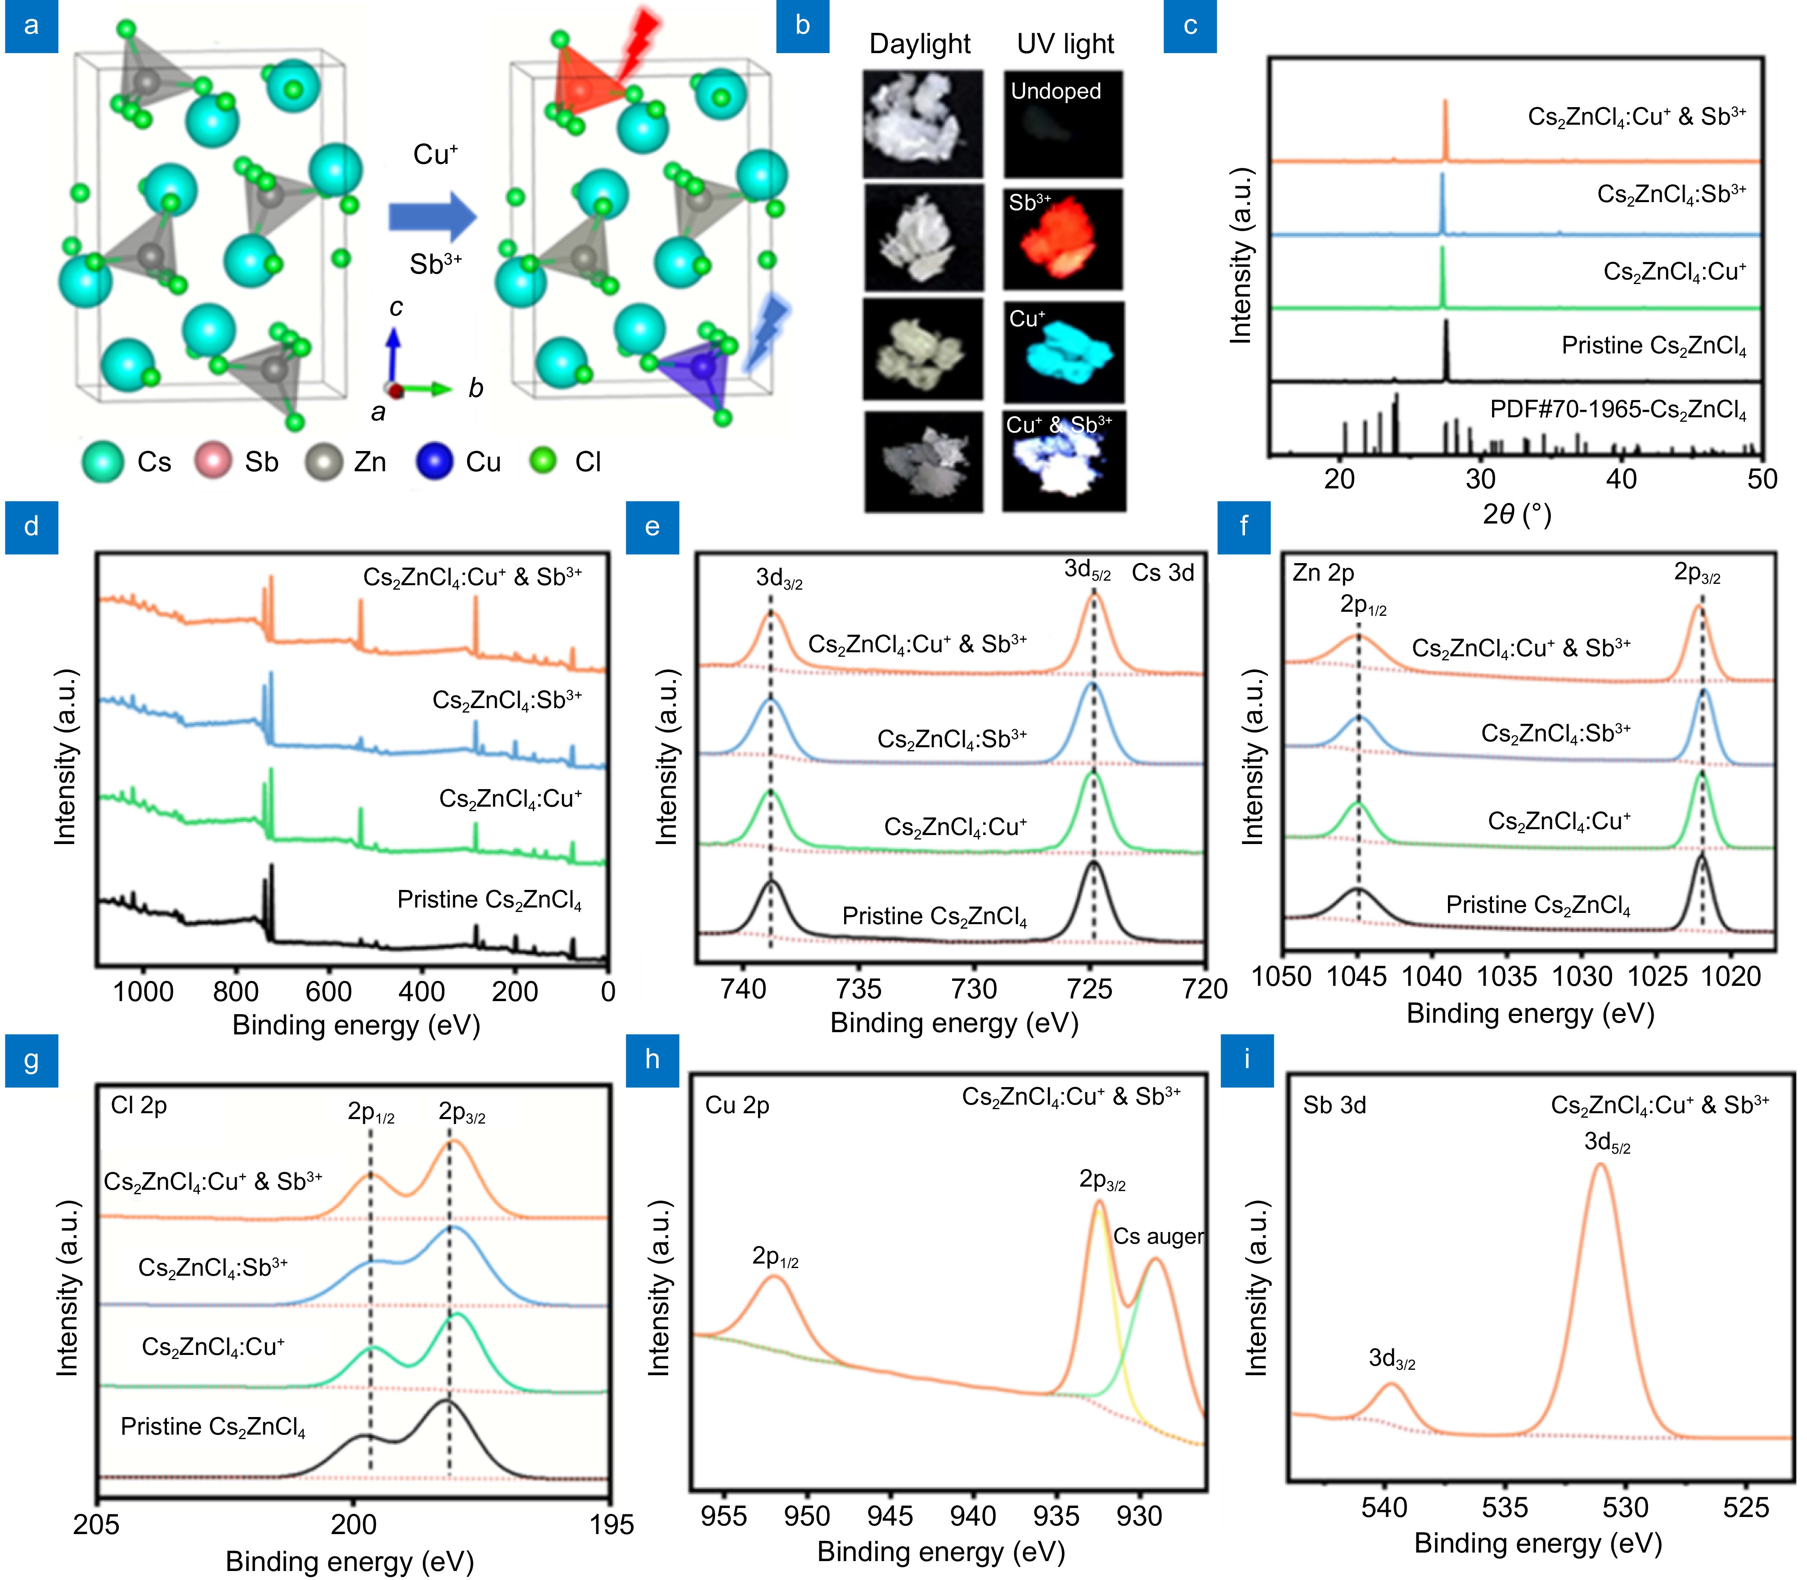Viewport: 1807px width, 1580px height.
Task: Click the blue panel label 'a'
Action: pyautogui.click(x=32, y=27)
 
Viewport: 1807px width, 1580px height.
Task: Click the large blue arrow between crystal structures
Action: pyautogui.click(x=432, y=216)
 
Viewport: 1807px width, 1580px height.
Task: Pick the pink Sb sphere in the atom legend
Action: pyautogui.click(x=212, y=461)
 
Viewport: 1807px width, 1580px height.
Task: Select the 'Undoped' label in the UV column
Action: pyautogui.click(x=1055, y=91)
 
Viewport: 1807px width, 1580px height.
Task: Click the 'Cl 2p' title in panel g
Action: pyautogui.click(x=139, y=1105)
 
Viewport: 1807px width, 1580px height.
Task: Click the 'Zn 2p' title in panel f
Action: pyautogui.click(x=1323, y=572)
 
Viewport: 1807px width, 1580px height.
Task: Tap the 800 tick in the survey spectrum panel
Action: pyautogui.click(x=235, y=991)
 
